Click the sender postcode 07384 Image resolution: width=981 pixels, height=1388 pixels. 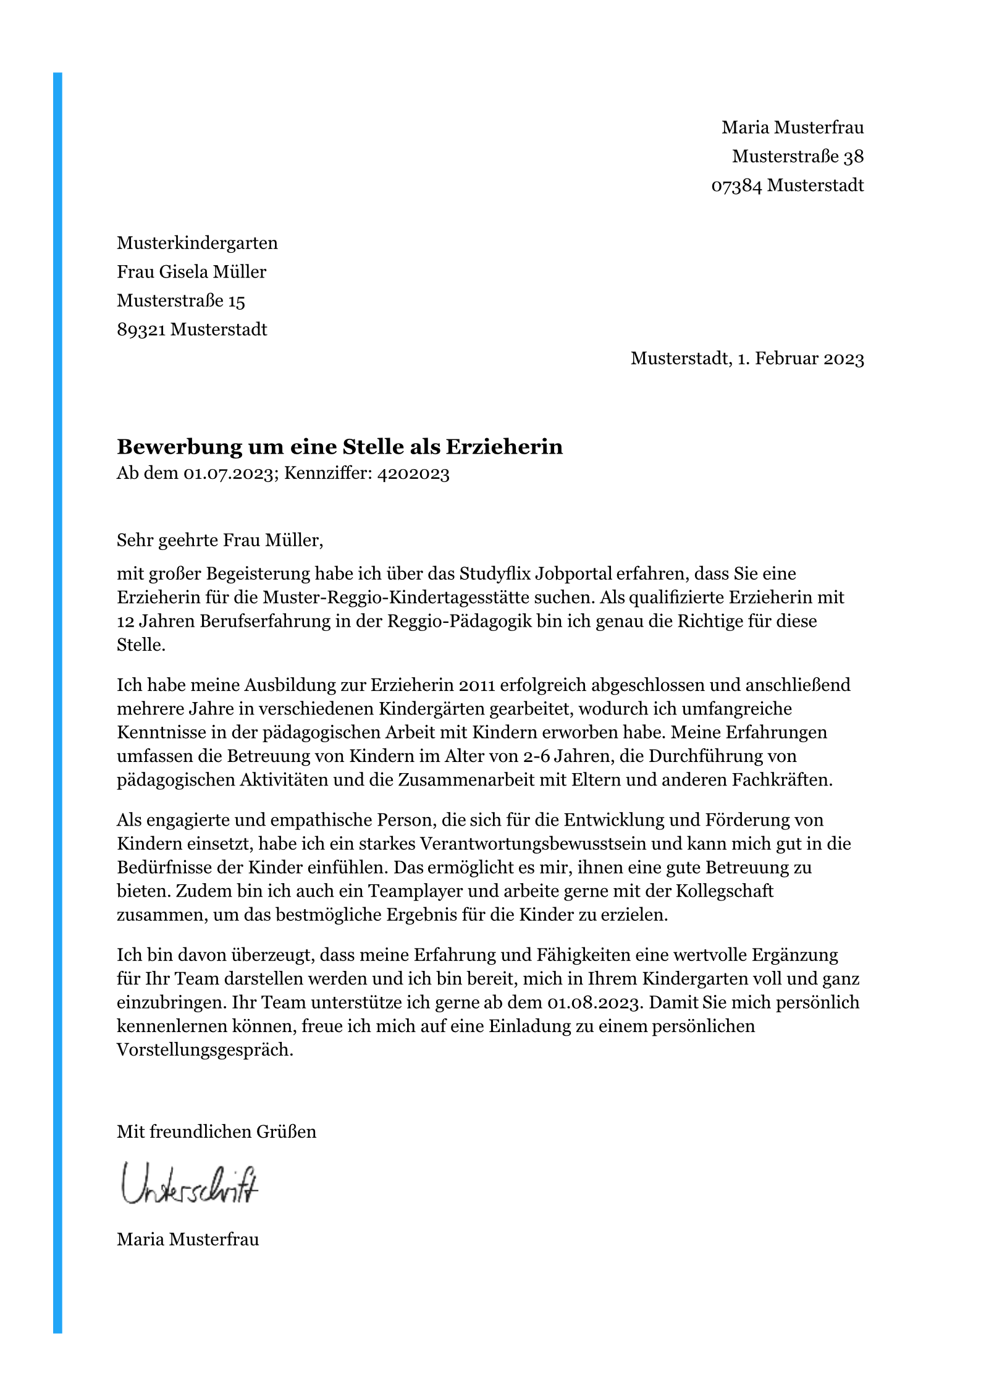pos(736,185)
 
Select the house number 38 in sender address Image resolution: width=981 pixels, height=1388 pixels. pos(853,157)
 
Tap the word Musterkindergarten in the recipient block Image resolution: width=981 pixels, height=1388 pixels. pos(197,243)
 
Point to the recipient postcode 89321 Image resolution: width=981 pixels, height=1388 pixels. pos(141,329)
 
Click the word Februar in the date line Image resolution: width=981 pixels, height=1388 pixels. pos(786,358)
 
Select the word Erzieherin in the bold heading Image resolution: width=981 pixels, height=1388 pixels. pos(504,447)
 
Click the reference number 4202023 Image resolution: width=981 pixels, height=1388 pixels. pos(413,474)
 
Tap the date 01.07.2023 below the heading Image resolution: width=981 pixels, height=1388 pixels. pos(229,474)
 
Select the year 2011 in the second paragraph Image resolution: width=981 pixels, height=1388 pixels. pos(477,685)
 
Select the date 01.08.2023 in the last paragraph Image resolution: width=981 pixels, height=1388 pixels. pos(592,1002)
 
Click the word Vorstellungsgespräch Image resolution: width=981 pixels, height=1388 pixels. pos(204,1050)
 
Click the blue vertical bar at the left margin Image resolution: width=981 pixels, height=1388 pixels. pos(57,680)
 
